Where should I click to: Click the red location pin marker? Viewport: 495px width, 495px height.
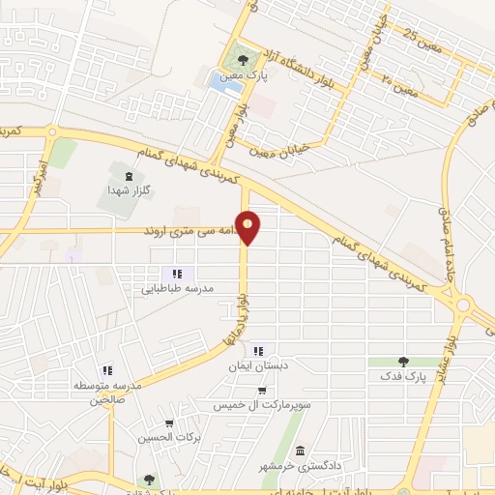point(249,227)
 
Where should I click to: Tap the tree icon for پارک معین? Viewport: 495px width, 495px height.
point(255,59)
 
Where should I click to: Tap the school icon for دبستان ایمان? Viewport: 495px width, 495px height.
point(257,350)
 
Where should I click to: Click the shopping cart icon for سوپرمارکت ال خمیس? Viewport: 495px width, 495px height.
point(262,391)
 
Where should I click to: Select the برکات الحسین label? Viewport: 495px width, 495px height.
point(170,438)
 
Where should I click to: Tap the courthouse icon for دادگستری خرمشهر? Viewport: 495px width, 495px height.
point(301,451)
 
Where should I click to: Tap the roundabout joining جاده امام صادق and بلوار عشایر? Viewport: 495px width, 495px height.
point(463,306)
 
